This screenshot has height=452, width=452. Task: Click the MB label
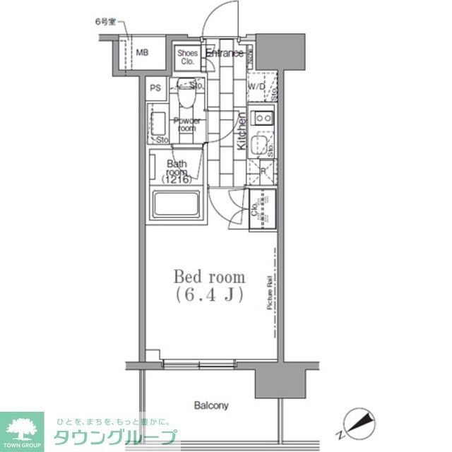143,52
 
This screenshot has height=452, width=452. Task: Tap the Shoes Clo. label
187,56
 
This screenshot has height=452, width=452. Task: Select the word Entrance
225,53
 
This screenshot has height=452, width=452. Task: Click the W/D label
256,88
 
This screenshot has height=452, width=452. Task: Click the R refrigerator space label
263,172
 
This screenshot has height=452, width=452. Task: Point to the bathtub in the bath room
176,204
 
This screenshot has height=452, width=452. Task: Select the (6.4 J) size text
210,296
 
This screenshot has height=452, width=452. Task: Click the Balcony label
212,405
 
